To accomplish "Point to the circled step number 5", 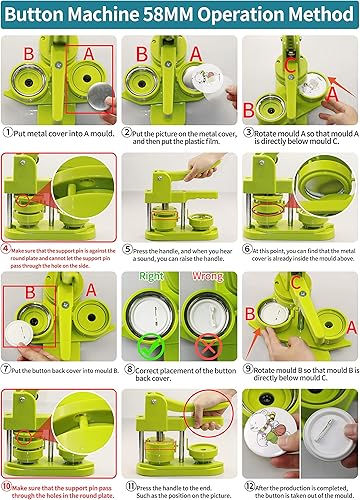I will (127, 250).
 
